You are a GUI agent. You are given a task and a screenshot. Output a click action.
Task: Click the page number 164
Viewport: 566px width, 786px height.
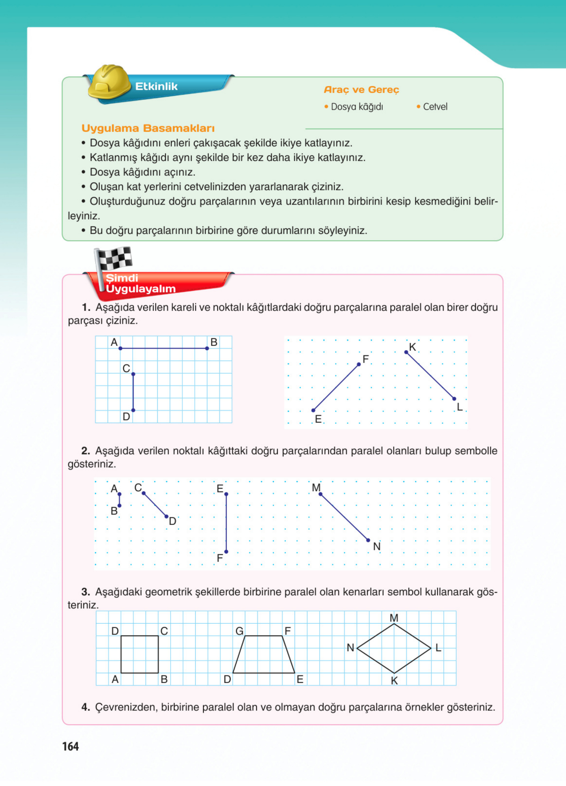[70, 746]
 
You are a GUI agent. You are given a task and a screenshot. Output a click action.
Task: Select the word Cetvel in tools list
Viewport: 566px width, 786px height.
[435, 107]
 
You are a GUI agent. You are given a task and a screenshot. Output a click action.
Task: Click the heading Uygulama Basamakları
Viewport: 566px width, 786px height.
[148, 128]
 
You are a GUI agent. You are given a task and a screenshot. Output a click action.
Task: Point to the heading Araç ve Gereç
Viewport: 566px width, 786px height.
[361, 90]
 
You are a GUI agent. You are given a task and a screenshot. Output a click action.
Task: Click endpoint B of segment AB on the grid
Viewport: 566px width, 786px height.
[207, 348]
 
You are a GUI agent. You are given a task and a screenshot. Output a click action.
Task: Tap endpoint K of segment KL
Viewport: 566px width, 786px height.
[406, 352]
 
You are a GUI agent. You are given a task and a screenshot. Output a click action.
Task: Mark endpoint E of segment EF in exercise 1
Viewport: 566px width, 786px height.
[313, 410]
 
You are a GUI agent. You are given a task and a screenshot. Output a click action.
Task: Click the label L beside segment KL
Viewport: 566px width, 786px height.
[460, 407]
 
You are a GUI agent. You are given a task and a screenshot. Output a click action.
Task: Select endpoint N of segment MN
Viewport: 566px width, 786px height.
[368, 540]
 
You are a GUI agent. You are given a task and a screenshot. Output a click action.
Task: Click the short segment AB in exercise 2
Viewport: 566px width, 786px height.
[120, 500]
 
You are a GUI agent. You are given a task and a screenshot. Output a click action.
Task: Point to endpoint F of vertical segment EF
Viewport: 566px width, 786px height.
[226, 551]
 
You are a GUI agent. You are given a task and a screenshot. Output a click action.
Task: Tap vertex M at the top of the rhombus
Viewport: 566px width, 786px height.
[394, 624]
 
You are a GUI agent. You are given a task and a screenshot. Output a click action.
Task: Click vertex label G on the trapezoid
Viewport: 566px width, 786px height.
[239, 631]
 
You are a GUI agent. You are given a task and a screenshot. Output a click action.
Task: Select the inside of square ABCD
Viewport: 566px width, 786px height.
[139, 654]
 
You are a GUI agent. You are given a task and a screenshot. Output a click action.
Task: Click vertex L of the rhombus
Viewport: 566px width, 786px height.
[431, 648]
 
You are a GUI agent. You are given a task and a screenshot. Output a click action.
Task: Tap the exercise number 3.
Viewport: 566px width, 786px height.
[86, 592]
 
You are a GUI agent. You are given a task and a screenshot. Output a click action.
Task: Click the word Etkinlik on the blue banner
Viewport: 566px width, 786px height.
[156, 86]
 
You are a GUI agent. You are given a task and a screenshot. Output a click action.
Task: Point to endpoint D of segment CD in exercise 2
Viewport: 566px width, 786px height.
[166, 516]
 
